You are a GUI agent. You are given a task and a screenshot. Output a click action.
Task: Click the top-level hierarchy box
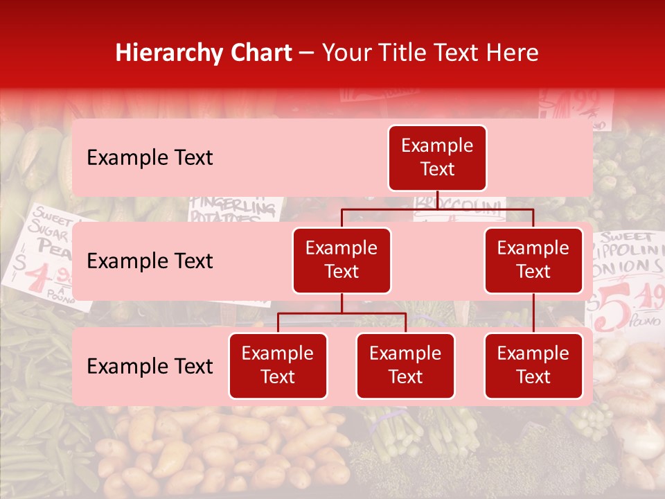(437, 158)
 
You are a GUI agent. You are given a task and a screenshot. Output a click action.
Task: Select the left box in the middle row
(342, 261)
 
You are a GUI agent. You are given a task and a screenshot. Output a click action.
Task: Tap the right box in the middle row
(533, 261)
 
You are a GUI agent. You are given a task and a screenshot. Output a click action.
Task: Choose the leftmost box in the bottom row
(278, 366)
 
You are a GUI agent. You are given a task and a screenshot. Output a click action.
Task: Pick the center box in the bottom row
(405, 366)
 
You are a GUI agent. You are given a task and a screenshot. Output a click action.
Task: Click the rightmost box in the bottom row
(533, 366)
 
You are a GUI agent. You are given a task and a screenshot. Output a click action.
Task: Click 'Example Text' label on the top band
(150, 158)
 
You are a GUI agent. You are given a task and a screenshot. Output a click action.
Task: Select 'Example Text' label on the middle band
(150, 261)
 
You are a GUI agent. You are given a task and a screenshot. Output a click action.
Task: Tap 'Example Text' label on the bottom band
(150, 367)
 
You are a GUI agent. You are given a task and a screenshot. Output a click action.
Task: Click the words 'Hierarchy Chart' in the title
(204, 53)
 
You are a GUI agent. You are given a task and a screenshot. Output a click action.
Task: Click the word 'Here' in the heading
(513, 53)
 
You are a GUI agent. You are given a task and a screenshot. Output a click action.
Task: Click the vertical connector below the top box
(437, 200)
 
